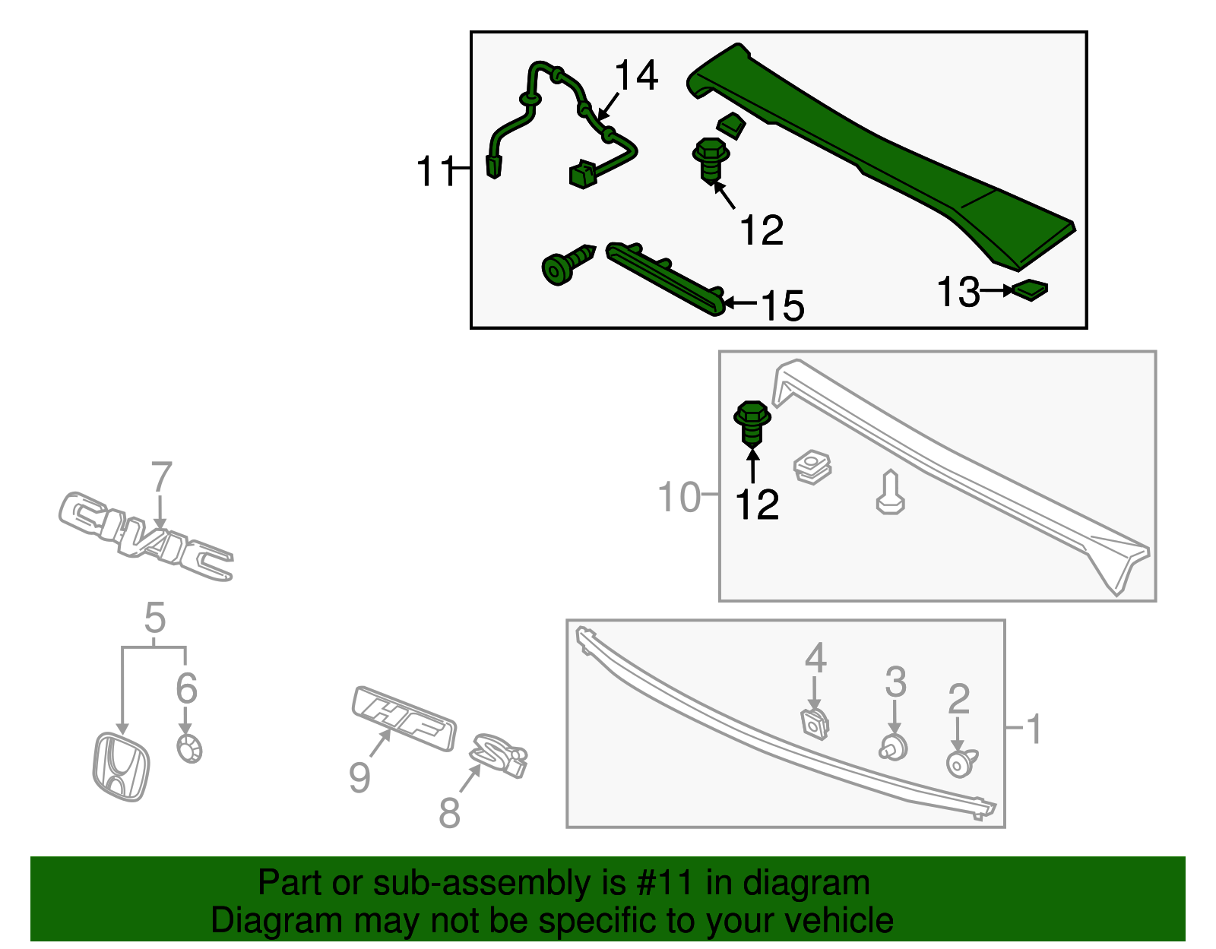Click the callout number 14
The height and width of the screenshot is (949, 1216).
point(636,76)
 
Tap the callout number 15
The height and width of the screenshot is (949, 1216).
point(782,306)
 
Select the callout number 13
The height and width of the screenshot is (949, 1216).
point(958,293)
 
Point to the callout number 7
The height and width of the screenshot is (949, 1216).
point(162,478)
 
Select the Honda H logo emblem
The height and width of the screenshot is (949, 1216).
point(120,767)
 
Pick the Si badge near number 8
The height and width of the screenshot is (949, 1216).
point(499,755)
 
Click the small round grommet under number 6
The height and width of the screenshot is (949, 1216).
point(188,748)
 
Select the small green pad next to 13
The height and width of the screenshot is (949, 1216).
point(1030,289)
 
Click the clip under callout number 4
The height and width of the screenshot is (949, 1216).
point(815,723)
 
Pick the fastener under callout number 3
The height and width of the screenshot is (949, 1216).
point(895,748)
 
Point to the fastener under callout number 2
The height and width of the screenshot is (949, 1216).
point(961,763)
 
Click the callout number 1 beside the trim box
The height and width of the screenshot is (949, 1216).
point(1034,729)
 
